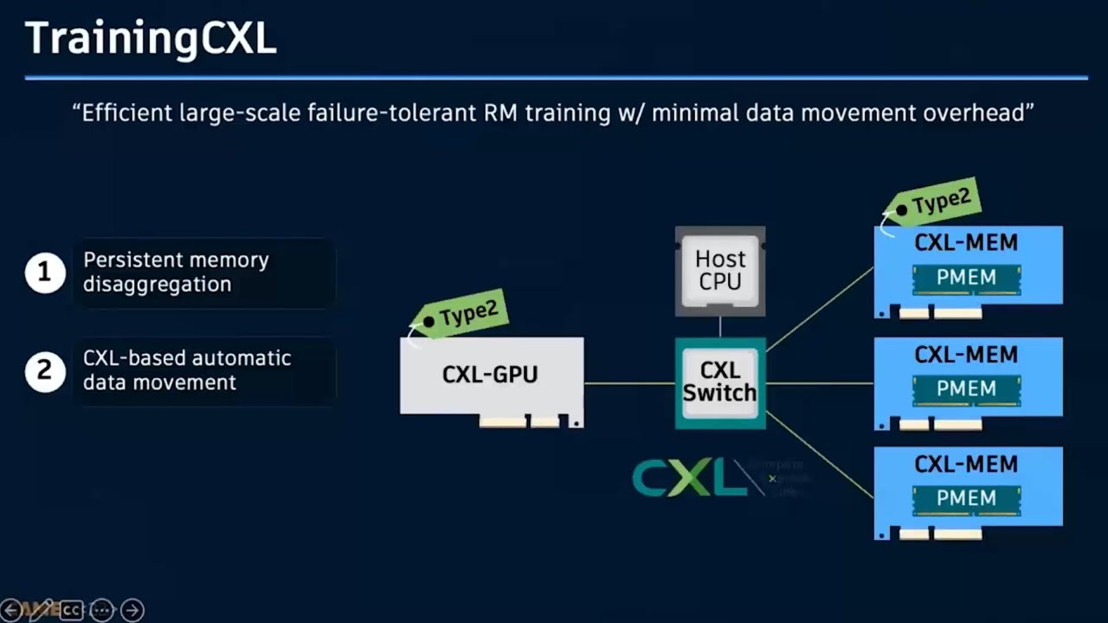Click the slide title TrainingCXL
(x=151, y=39)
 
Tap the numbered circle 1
(x=45, y=273)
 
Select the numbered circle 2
(x=45, y=371)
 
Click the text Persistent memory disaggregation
(x=176, y=272)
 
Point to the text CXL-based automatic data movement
(x=187, y=370)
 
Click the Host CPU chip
(x=720, y=271)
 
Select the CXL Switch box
(x=720, y=382)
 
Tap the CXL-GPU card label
(x=490, y=375)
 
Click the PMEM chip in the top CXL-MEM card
(x=966, y=278)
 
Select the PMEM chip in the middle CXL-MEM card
(x=966, y=389)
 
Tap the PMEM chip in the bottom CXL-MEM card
(x=966, y=498)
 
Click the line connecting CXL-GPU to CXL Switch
(x=629, y=382)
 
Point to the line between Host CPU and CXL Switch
(x=720, y=326)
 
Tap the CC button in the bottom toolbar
(x=71, y=610)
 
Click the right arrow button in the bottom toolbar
(x=132, y=610)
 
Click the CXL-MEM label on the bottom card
(x=966, y=465)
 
